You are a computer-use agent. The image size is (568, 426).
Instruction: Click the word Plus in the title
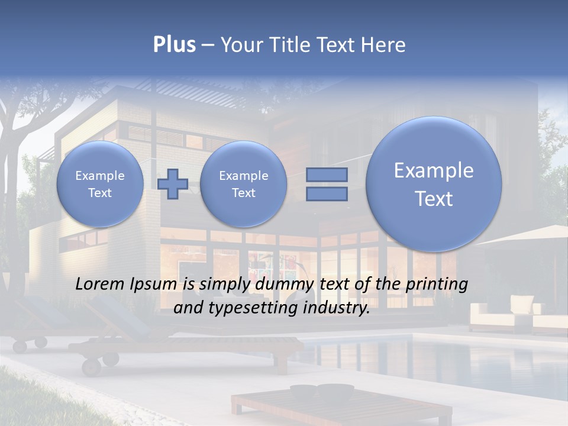click(174, 45)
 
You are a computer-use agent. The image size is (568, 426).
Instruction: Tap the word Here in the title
click(384, 45)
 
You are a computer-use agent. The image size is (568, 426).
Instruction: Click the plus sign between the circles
click(173, 184)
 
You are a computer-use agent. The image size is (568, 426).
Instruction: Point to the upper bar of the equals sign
click(327, 175)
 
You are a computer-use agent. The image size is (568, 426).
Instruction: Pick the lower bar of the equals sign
click(327, 194)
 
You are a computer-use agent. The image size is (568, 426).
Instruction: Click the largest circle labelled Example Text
click(434, 184)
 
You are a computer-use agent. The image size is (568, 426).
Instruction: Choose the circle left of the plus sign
click(100, 184)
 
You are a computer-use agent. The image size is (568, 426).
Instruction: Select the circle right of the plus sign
click(243, 184)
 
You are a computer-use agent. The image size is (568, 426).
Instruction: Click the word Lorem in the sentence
click(101, 285)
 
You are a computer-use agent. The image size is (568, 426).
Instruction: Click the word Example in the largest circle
click(434, 170)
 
